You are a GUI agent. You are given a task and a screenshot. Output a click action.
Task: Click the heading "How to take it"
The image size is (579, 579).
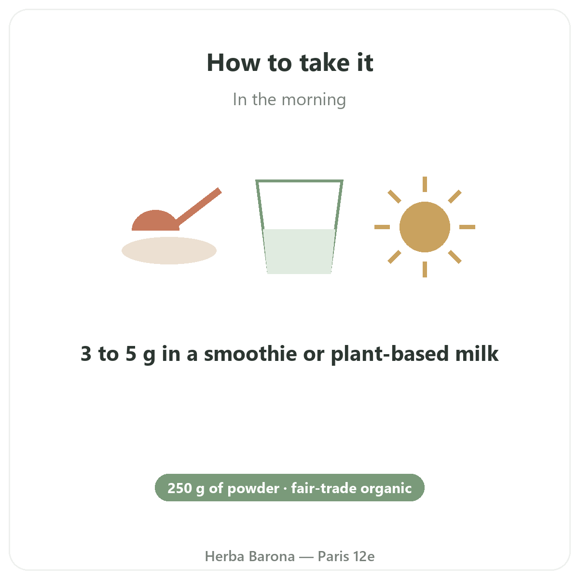point(289,63)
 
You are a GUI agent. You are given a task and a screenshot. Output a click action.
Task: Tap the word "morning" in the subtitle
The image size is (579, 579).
point(314,100)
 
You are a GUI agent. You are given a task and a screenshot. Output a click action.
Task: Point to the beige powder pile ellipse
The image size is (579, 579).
point(169,250)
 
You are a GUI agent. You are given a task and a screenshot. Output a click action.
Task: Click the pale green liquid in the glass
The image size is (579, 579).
point(299,251)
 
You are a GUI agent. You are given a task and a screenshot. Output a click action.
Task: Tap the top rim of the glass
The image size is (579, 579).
point(299,181)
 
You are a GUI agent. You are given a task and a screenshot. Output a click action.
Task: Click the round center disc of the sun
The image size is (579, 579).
point(425,227)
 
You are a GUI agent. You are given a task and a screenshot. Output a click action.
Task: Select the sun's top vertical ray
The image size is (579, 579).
point(425,184)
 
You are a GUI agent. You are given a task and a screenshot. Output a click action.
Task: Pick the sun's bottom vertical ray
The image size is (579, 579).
point(425,270)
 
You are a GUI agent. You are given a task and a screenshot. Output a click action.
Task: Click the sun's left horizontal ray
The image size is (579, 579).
point(382,227)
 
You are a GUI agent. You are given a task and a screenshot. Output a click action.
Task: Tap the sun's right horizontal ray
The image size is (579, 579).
point(467,227)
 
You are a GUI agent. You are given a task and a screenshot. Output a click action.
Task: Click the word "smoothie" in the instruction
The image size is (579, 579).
point(250,353)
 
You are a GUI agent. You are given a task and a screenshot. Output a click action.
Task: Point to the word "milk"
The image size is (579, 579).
point(477,353)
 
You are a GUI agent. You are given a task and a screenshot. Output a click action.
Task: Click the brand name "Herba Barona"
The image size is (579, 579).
point(250,556)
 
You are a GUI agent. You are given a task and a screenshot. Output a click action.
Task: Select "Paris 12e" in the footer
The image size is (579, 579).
point(346,556)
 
